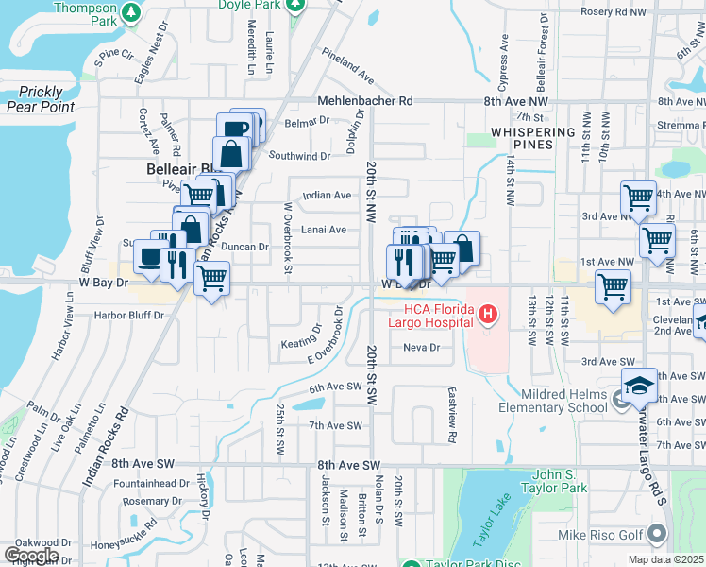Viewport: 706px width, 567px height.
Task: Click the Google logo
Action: tap(31, 556)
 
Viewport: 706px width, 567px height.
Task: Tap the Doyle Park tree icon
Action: tap(296, 5)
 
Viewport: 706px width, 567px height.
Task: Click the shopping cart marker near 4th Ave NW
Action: tap(638, 198)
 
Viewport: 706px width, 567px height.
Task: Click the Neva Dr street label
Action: tap(422, 348)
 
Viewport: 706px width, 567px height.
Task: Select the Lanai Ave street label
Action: tap(324, 230)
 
